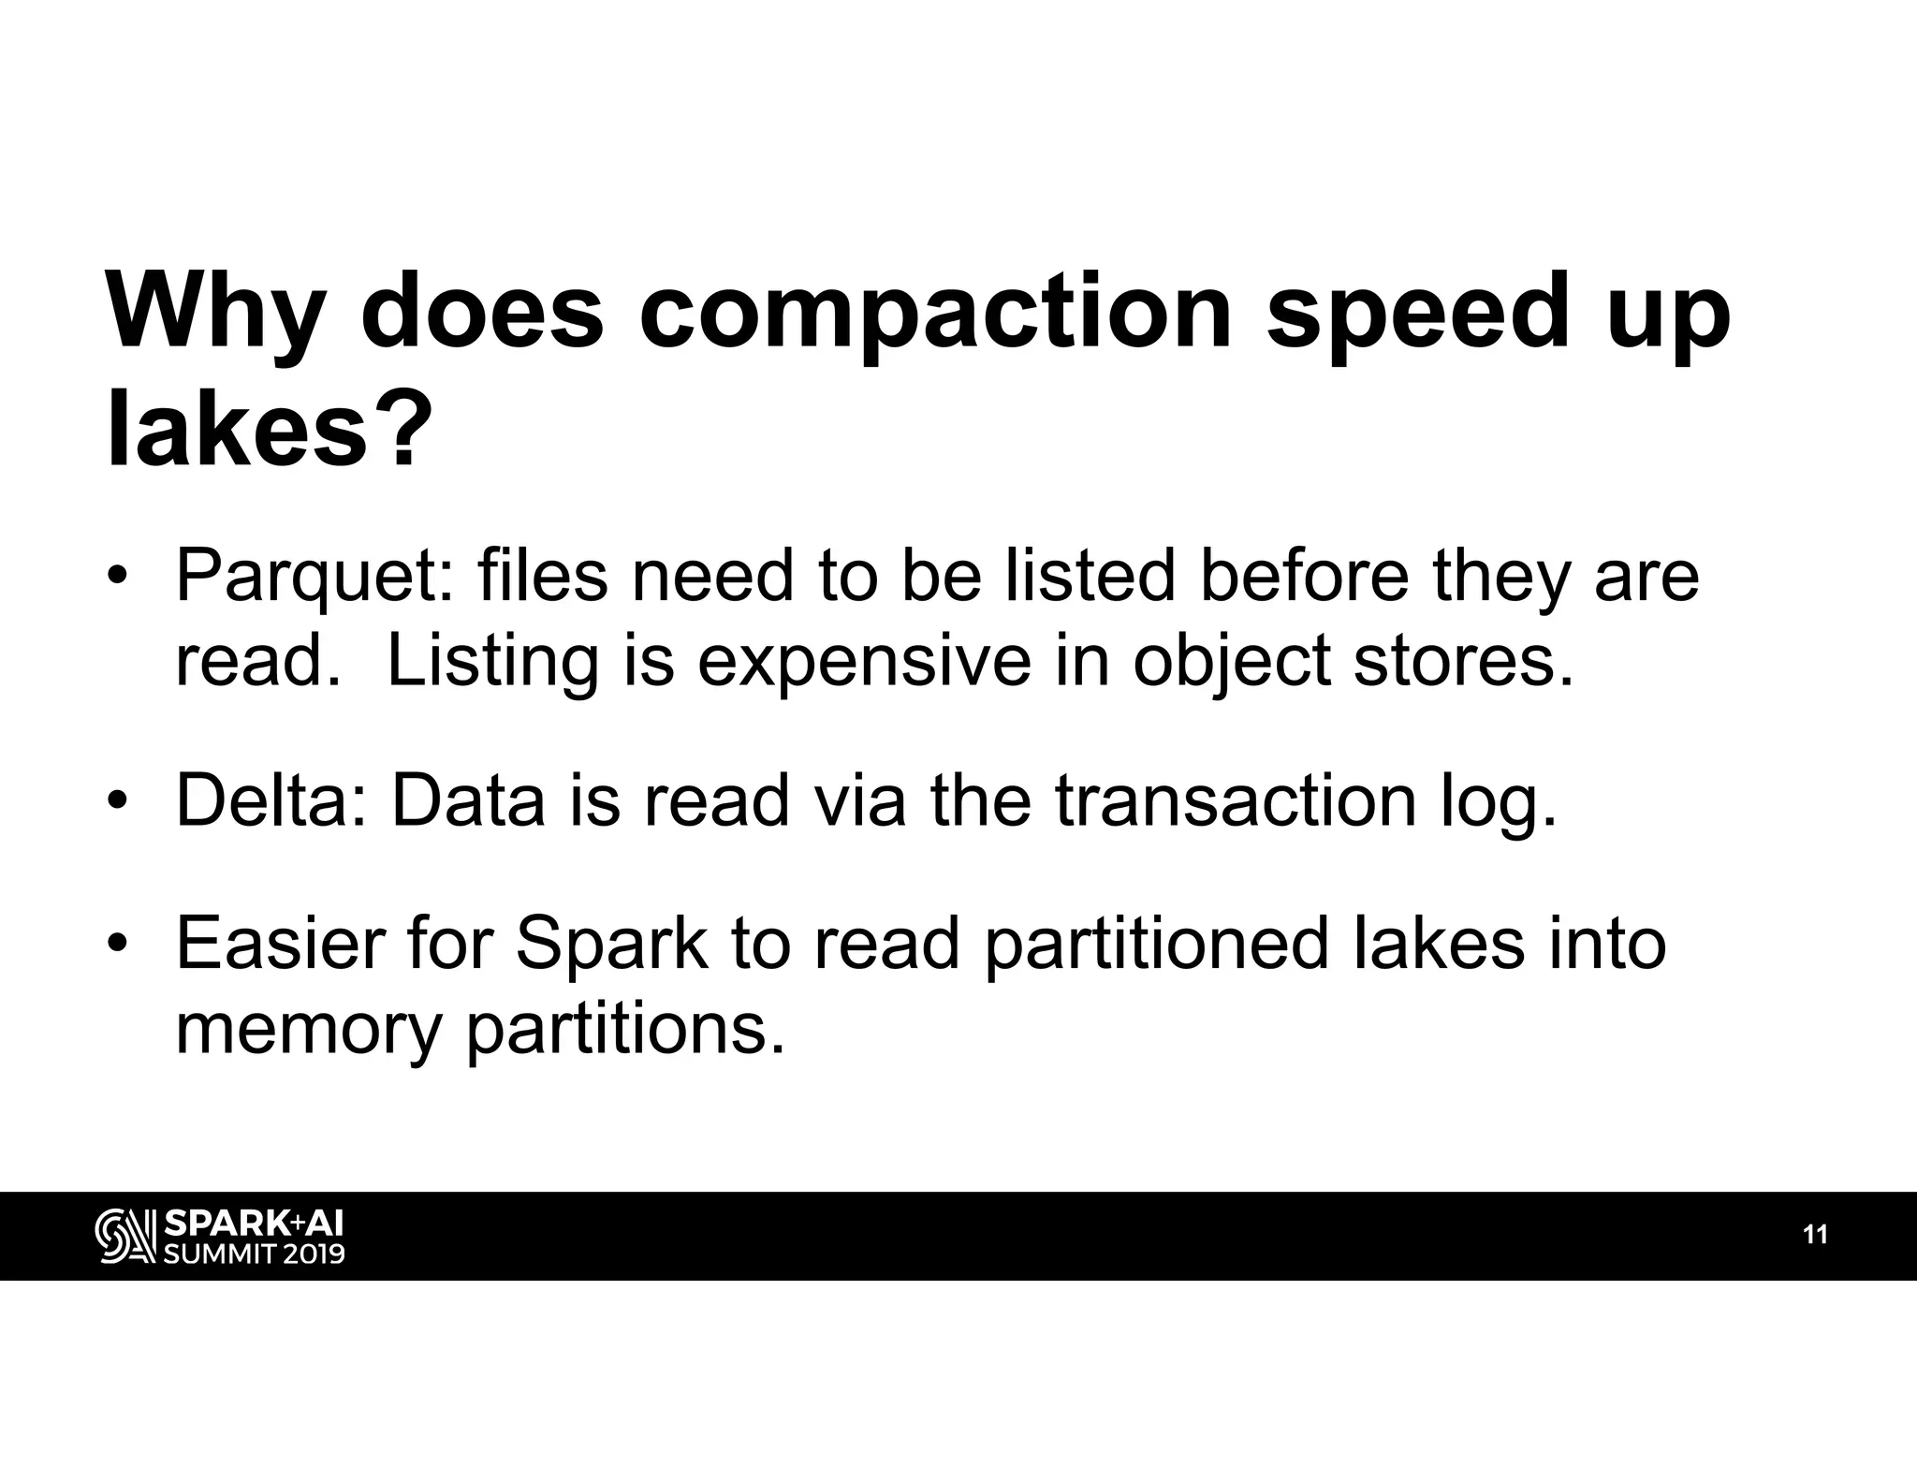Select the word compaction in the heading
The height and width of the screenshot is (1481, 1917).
934,310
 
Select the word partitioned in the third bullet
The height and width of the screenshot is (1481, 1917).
1156,946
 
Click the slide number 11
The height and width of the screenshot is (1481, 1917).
1815,1235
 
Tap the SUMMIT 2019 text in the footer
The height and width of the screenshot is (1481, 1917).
254,1253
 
